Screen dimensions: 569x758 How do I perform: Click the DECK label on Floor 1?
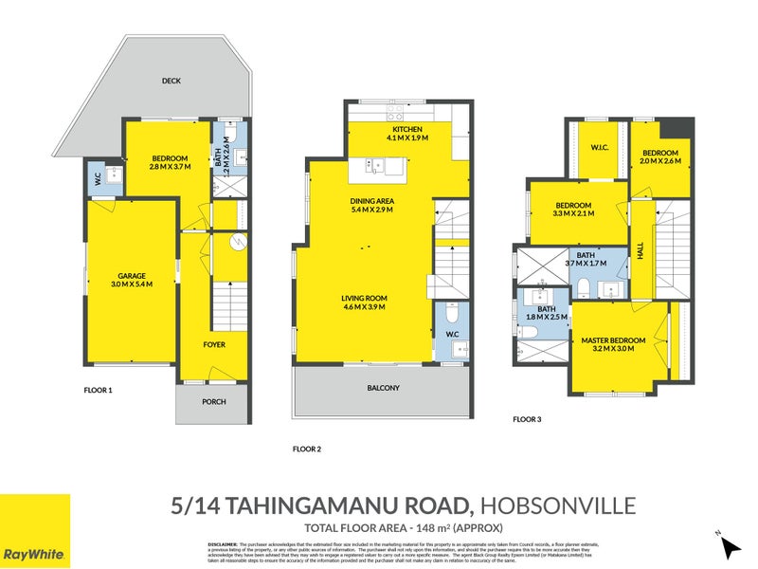(171, 82)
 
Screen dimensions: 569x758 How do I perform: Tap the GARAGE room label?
(131, 275)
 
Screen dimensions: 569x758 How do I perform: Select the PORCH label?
(213, 401)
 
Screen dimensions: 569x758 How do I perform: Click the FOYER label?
(214, 345)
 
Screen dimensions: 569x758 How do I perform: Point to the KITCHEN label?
(406, 129)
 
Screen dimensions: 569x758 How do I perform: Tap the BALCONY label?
(383, 388)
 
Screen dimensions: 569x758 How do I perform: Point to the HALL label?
(641, 253)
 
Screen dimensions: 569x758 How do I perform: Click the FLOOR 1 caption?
(98, 389)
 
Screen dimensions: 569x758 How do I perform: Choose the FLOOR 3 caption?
(527, 418)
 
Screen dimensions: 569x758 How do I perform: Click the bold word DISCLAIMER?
(224, 541)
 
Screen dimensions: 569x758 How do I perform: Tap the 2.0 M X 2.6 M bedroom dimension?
(659, 162)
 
